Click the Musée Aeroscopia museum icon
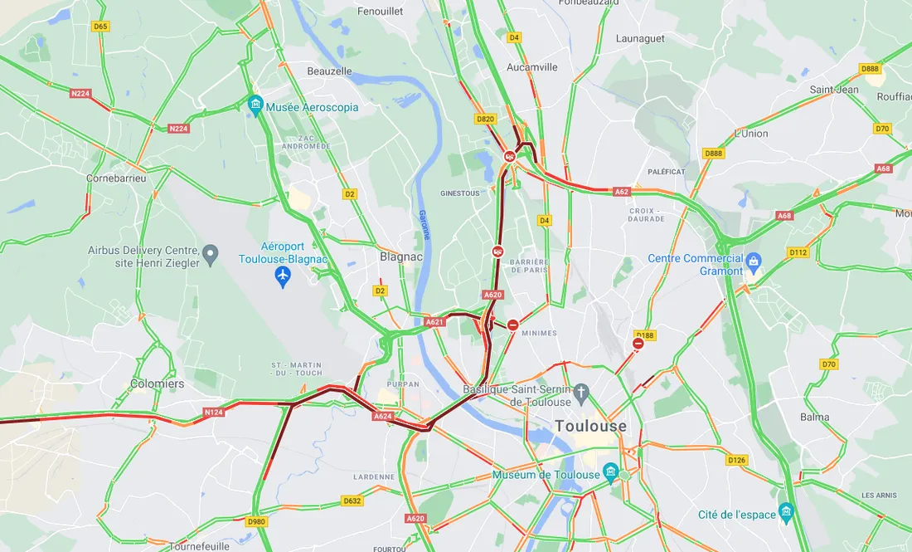(x=255, y=105)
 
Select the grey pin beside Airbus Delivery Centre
(x=211, y=253)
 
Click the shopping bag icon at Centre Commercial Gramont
(x=753, y=263)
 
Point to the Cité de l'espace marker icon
(x=786, y=510)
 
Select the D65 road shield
(x=101, y=27)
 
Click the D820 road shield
(x=486, y=120)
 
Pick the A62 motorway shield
(x=622, y=192)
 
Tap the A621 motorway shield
(x=435, y=322)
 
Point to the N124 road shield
(x=214, y=413)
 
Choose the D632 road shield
(x=352, y=501)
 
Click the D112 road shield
(x=798, y=252)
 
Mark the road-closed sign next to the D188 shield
(x=638, y=344)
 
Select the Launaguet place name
(x=641, y=38)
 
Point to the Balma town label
(x=815, y=417)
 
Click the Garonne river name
(x=424, y=224)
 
